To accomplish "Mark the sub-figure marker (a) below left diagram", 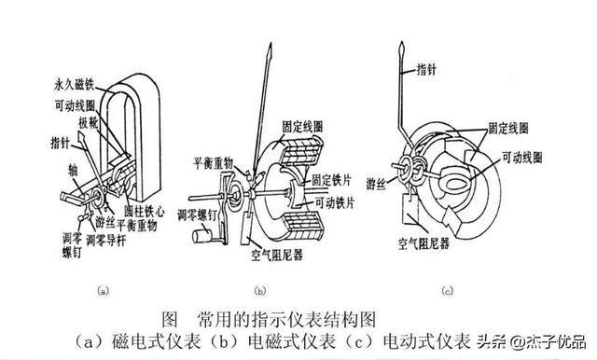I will [x=104, y=291].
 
